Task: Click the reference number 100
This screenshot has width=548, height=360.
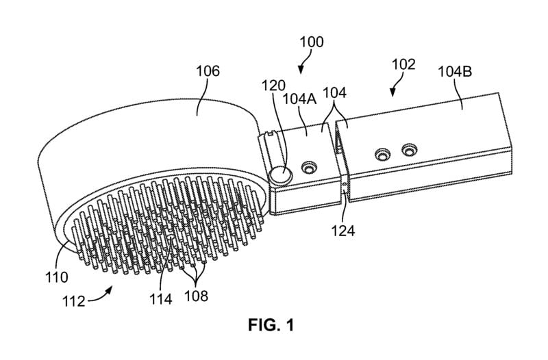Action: (312, 42)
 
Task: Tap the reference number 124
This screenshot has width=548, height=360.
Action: (344, 230)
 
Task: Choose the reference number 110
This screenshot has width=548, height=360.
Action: (58, 278)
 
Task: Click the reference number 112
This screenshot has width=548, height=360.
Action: (89, 301)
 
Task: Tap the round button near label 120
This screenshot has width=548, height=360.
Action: (279, 176)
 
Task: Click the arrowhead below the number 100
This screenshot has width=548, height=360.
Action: (301, 69)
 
